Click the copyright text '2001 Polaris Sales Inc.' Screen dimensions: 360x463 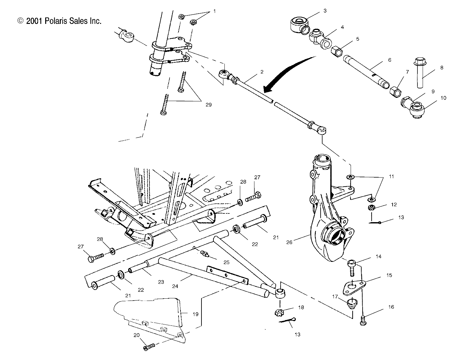pos(60,21)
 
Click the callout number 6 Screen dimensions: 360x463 pos(389,60)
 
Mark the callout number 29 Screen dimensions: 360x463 pos(209,105)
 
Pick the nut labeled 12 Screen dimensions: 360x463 pos(372,207)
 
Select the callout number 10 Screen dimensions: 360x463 pos(444,98)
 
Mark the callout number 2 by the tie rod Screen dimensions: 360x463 pos(262,71)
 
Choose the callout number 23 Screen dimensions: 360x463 pos(161,282)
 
